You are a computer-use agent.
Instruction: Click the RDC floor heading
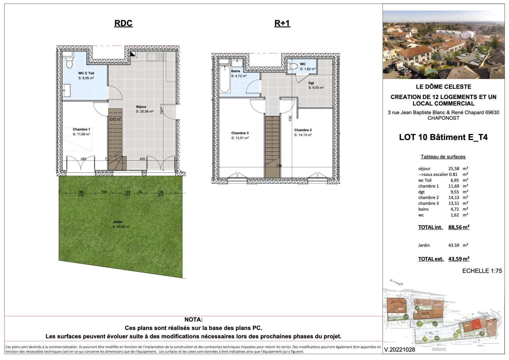point(123,23)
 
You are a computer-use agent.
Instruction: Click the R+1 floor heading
point(282,23)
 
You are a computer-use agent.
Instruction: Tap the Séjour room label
point(141,107)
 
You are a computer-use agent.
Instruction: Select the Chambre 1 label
point(81,129)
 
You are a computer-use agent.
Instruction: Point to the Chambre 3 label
point(240,133)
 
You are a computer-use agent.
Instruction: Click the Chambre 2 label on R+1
point(303,130)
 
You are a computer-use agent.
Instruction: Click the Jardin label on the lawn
point(118,222)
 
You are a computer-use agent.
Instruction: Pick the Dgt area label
point(311,83)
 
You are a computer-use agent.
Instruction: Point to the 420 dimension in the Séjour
point(142,159)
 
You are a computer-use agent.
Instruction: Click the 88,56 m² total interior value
point(459,227)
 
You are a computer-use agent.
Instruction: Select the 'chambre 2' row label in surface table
point(428,198)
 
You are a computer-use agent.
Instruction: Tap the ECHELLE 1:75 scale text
point(482,271)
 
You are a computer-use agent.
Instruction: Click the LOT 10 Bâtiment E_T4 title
point(443,137)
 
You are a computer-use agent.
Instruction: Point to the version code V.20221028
point(400,350)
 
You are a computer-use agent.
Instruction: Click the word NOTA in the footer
point(193,320)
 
